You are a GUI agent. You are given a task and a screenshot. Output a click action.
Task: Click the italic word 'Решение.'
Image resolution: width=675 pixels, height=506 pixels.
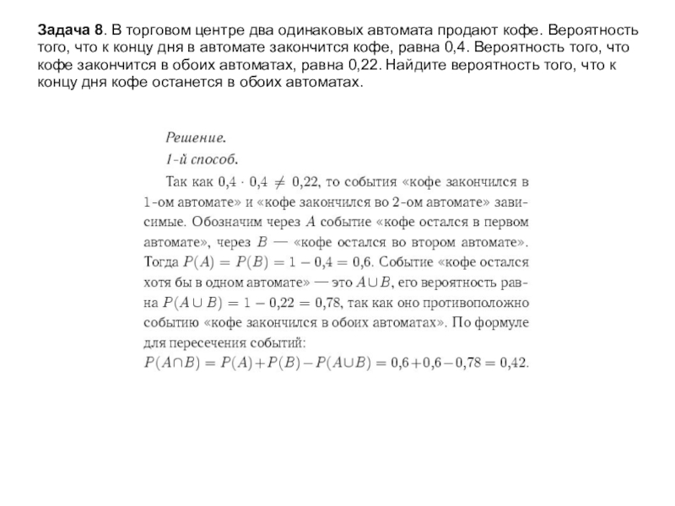[195, 137]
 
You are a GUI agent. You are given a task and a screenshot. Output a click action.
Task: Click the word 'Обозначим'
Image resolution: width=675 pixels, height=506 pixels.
[231, 222]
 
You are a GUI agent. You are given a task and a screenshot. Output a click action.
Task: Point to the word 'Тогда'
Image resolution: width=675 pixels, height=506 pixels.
[162, 262]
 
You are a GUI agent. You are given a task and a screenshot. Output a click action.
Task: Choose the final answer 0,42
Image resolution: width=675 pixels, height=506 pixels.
[515, 364]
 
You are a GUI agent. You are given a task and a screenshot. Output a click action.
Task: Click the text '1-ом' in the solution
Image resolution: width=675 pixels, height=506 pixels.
[159, 202]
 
